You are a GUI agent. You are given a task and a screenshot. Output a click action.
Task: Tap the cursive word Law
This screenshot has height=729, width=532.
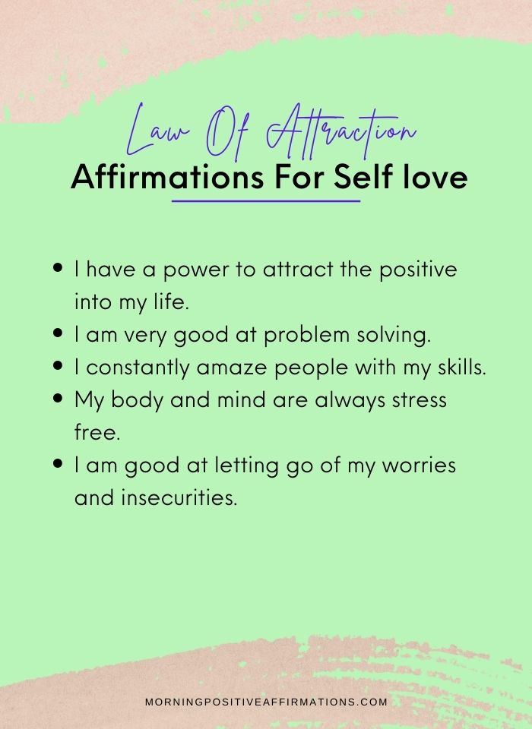point(157,131)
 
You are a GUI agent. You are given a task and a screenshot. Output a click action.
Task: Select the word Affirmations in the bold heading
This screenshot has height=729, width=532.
point(167,177)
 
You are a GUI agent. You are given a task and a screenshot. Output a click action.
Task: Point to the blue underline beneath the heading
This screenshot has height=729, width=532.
point(266,201)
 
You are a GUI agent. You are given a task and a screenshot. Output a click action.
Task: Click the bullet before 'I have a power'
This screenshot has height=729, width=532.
point(58,268)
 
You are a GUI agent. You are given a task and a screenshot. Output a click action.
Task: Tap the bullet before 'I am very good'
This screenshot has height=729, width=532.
point(58,333)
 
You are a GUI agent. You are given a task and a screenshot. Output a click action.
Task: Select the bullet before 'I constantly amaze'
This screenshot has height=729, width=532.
point(58,366)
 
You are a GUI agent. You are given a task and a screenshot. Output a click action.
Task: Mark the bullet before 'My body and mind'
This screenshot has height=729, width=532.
point(58,399)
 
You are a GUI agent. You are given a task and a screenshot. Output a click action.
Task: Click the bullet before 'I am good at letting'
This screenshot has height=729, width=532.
point(58,463)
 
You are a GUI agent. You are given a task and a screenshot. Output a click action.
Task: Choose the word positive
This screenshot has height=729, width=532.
point(418,270)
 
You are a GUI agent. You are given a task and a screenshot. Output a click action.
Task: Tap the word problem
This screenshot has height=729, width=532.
point(306,336)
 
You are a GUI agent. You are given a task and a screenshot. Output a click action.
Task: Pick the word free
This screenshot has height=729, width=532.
point(97,431)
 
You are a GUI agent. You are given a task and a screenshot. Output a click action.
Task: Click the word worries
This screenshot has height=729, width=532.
point(419,465)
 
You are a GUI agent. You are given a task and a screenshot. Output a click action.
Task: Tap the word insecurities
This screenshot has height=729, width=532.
point(179,497)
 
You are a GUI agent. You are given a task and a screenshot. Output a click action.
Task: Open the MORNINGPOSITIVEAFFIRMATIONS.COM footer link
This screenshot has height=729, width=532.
point(266,702)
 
